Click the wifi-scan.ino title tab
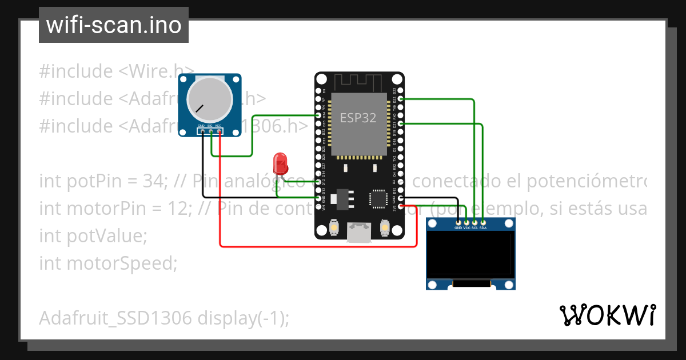(x=113, y=25)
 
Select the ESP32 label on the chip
(x=358, y=118)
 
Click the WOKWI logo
(x=607, y=315)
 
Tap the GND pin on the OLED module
(x=458, y=222)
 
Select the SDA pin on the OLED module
(x=483, y=222)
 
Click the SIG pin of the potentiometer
(x=210, y=131)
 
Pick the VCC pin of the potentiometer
(x=219, y=131)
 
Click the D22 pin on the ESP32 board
(x=400, y=99)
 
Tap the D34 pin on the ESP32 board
(x=319, y=115)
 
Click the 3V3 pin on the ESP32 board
(x=400, y=206)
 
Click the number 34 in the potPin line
(x=153, y=182)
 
